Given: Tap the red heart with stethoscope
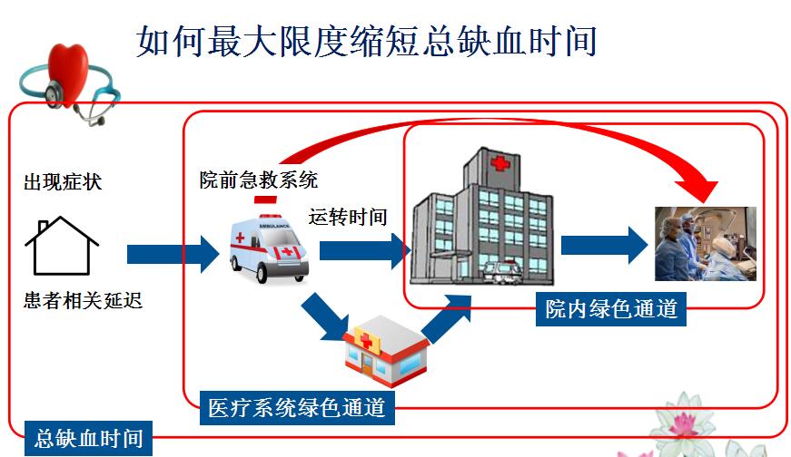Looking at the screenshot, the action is pyautogui.click(x=69, y=81).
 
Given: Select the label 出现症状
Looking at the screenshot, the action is pyautogui.click(x=63, y=182).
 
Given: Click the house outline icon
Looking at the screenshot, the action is pyautogui.click(x=62, y=246).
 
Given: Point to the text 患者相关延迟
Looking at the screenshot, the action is pyautogui.click(x=84, y=300).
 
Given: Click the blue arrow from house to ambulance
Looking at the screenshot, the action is pyautogui.click(x=173, y=254).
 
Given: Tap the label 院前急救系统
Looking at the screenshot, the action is pyautogui.click(x=258, y=180).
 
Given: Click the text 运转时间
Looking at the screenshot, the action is pyautogui.click(x=348, y=217).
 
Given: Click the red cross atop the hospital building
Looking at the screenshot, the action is pyautogui.click(x=499, y=163).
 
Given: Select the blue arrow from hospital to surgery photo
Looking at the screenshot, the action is pyautogui.click(x=604, y=246).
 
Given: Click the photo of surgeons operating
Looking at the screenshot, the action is pyautogui.click(x=706, y=243).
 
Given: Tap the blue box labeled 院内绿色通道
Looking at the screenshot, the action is pyautogui.click(x=611, y=309).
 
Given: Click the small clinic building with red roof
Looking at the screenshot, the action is pyautogui.click(x=386, y=349).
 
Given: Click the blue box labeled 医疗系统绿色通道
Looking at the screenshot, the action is pyautogui.click(x=297, y=408).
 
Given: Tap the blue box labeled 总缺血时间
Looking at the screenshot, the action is pyautogui.click(x=88, y=438).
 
